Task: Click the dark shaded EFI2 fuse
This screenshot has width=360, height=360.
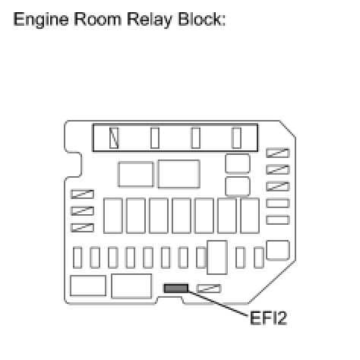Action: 176,289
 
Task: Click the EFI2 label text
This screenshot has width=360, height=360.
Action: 268,318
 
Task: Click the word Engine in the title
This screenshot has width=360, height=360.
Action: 41,20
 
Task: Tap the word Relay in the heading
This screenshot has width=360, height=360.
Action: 150,20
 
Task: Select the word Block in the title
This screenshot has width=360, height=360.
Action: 201,19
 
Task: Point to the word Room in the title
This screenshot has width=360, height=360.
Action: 98,19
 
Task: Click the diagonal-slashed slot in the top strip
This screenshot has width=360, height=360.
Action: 114,137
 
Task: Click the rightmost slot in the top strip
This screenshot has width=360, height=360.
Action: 237,137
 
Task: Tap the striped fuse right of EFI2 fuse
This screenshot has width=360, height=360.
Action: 209,289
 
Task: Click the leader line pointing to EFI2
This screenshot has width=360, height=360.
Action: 219,303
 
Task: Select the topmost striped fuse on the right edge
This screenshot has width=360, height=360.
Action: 278,153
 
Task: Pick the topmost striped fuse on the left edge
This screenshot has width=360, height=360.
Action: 83,194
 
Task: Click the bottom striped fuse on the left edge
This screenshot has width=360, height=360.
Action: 83,228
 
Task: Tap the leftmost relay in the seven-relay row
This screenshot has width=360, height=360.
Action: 113,216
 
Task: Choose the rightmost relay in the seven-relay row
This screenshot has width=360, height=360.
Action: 250,216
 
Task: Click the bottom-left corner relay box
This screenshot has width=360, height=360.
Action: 88,286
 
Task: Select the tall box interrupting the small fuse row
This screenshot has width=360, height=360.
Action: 217,257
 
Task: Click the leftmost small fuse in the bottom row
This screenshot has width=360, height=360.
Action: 77,257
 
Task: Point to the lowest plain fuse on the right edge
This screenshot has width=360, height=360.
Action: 278,220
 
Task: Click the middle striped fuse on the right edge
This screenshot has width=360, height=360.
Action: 278,169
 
